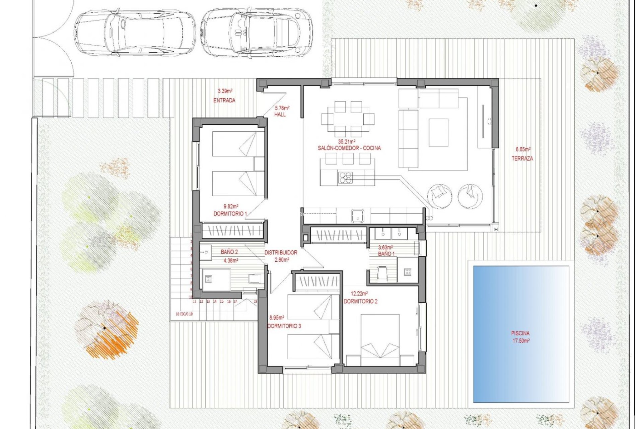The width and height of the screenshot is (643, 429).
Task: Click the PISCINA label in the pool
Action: [x=520, y=333]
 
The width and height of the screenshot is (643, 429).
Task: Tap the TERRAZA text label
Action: [x=522, y=159]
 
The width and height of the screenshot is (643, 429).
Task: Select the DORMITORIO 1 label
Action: [x=230, y=213]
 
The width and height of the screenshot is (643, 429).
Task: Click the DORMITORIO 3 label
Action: [x=284, y=326]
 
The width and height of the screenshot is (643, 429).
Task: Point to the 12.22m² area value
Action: [x=360, y=294]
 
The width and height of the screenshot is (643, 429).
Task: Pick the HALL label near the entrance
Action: [x=280, y=114]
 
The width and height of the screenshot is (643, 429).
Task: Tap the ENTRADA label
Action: [x=224, y=100]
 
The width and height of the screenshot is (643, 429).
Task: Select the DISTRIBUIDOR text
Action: [x=281, y=253]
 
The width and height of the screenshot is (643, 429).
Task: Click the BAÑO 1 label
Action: [x=386, y=254]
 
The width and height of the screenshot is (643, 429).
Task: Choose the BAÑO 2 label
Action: [x=229, y=252]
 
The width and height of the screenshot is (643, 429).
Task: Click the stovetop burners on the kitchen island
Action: [x=345, y=177]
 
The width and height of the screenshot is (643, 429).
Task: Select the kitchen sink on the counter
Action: [x=358, y=215]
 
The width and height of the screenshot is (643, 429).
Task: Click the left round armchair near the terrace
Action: [x=439, y=195]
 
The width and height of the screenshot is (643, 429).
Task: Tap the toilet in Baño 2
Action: [x=255, y=278]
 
